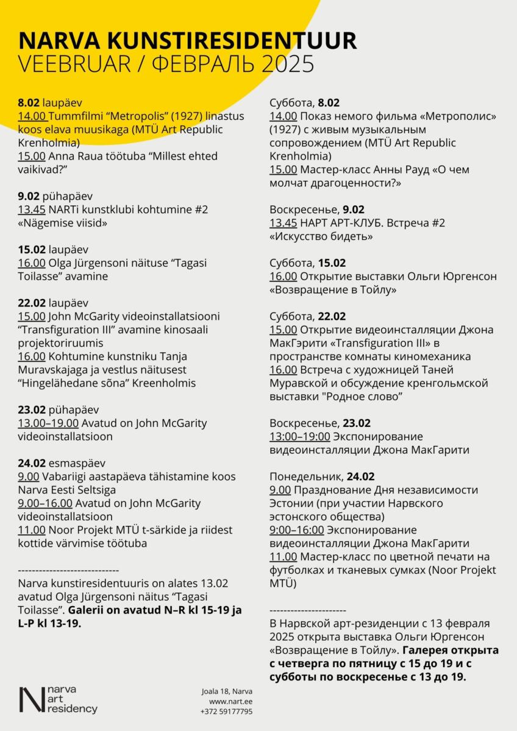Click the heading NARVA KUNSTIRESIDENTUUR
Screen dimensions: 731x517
tap(188, 41)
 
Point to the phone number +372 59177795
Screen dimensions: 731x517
tap(226, 711)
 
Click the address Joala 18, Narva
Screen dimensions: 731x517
tap(227, 691)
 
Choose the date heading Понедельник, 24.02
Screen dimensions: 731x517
tap(322, 476)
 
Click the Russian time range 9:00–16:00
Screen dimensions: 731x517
tap(299, 530)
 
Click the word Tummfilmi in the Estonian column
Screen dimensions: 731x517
tap(71, 116)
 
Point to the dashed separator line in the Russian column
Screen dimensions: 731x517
tap(307, 610)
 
